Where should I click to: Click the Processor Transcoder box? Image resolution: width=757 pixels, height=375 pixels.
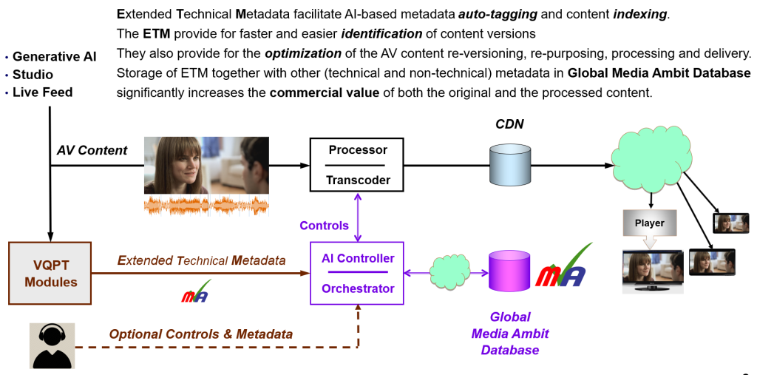358,164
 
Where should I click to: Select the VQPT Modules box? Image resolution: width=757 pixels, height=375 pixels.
50,273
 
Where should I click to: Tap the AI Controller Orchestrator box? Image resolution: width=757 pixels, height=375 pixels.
358,273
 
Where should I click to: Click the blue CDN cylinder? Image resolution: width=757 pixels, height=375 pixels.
510,165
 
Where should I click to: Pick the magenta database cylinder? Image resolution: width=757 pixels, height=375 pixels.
509,271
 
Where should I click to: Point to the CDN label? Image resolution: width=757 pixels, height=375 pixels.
509,124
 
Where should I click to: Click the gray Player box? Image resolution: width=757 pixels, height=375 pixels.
649,223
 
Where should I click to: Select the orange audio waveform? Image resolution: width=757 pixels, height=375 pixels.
206,204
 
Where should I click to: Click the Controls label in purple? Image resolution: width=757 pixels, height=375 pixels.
324,226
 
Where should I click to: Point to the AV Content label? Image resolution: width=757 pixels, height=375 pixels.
92,150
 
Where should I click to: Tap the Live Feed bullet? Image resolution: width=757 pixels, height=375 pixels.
43,92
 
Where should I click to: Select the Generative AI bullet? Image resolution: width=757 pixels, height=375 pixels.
54,57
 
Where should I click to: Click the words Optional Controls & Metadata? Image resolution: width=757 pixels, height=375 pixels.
201,334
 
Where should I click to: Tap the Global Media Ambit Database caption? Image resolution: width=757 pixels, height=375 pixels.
510,334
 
